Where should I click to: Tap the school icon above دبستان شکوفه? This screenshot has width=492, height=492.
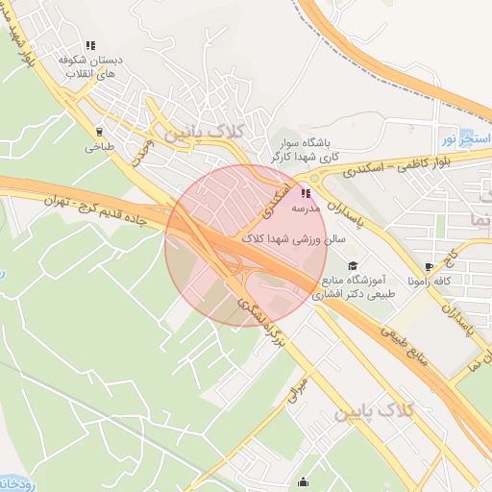point(90,45)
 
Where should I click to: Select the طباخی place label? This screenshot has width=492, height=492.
point(99,148)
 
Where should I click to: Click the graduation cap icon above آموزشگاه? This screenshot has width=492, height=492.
point(353,265)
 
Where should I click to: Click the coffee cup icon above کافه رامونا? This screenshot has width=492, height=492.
point(429,267)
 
